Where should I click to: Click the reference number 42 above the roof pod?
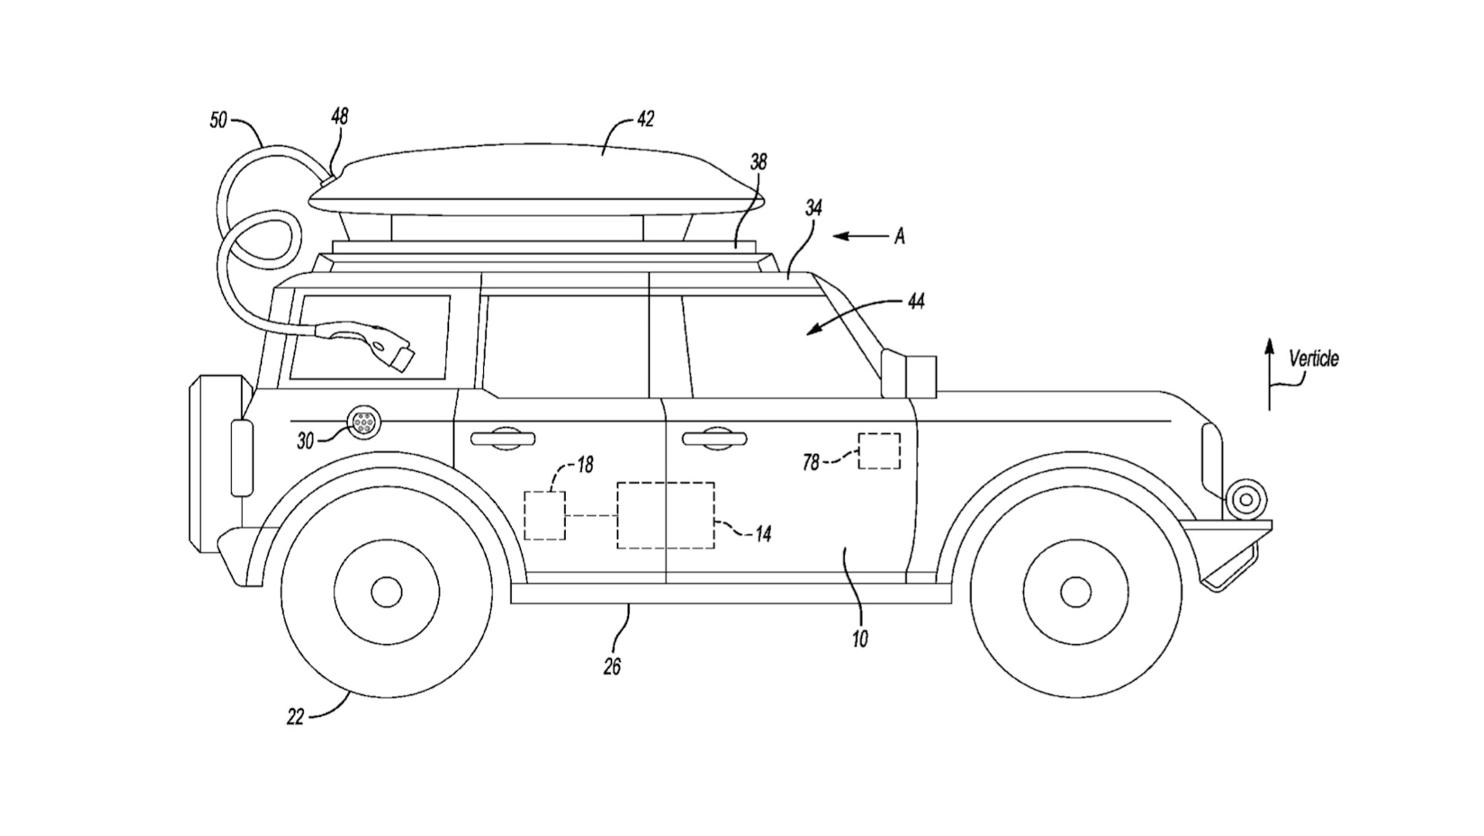point(645,119)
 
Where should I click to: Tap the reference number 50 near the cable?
point(220,121)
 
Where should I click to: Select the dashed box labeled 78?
point(880,451)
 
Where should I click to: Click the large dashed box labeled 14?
point(665,516)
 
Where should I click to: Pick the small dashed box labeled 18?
point(544,515)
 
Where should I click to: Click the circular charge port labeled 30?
point(362,423)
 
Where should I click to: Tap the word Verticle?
point(1313,359)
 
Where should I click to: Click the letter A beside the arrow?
point(900,237)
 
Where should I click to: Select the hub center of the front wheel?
point(1075,592)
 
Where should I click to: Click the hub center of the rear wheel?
point(386,592)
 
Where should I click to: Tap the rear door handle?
point(503,438)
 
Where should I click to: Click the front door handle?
point(715,438)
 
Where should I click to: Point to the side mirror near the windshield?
point(909,374)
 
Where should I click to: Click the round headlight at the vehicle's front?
point(1245,500)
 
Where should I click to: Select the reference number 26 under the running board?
point(612,666)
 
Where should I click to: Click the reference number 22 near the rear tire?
point(295,717)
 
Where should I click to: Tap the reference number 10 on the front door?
point(859,638)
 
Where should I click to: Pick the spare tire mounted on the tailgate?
point(209,464)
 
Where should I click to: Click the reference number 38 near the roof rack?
point(758,162)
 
